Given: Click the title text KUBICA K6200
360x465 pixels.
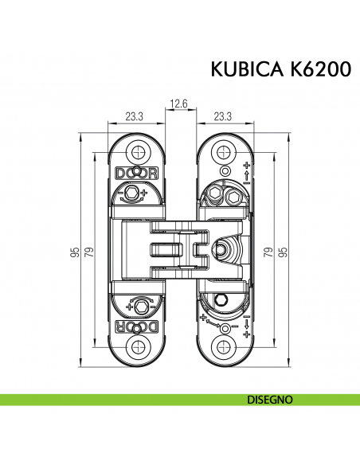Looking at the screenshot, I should click(280, 70).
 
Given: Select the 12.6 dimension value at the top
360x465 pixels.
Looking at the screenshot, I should click(179, 104).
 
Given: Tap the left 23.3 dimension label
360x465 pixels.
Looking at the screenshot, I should click(135, 116).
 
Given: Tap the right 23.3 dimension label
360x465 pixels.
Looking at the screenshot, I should click(222, 116).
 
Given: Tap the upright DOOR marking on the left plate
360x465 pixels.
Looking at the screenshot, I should click(136, 172).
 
